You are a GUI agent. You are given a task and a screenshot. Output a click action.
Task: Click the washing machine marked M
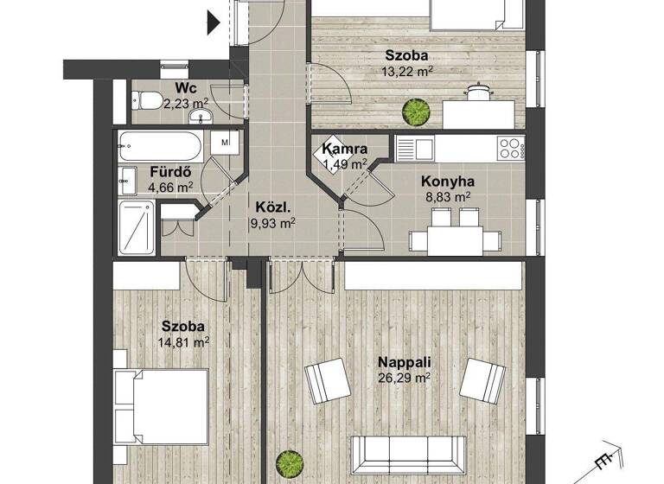click(224, 141)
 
